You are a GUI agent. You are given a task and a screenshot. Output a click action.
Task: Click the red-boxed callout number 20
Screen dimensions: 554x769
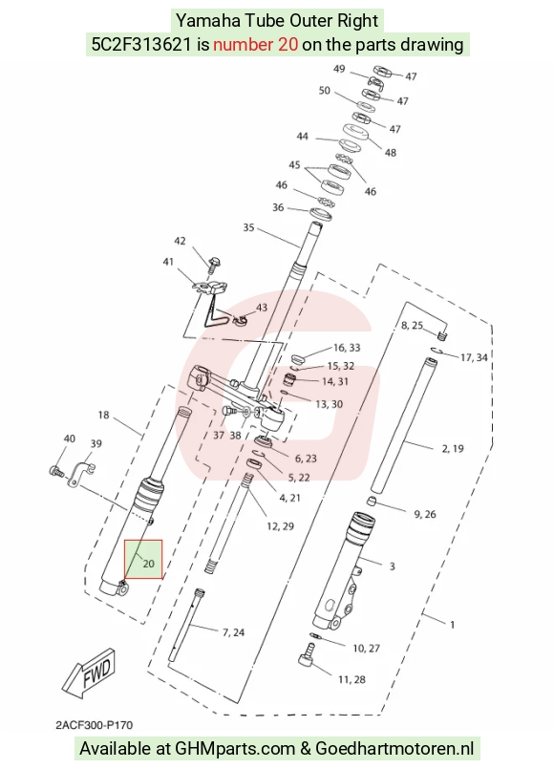click(148, 564)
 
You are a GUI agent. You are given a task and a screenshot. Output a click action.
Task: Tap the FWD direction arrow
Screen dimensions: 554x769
click(90, 672)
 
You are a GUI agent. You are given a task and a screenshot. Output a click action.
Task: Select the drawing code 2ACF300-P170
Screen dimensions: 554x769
click(95, 725)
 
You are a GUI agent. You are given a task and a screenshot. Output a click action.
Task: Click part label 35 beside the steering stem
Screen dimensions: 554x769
click(248, 227)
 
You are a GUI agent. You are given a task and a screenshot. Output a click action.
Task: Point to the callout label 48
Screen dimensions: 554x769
click(391, 153)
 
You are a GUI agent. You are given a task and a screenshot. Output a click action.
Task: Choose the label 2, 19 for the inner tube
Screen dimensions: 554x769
click(453, 448)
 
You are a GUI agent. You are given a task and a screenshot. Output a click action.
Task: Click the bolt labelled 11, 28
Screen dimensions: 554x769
click(307, 656)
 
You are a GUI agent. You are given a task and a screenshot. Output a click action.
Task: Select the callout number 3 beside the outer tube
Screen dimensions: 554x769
click(392, 566)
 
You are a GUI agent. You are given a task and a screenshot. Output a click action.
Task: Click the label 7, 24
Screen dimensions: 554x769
click(233, 632)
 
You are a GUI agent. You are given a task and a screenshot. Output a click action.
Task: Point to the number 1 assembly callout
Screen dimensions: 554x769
click(452, 625)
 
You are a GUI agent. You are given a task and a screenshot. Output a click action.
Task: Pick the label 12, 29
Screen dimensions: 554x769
click(280, 526)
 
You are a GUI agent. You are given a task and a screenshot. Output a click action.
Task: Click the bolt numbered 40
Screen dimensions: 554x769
click(56, 471)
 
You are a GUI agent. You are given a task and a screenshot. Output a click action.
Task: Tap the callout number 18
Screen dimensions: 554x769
click(103, 415)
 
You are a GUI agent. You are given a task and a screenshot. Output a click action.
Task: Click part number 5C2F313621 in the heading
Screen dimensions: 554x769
click(141, 45)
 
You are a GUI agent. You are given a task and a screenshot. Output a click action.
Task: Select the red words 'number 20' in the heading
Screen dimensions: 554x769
click(255, 45)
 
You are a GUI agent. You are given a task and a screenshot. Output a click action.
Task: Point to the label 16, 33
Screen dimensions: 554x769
click(347, 348)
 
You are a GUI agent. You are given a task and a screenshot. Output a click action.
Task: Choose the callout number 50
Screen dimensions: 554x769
click(325, 91)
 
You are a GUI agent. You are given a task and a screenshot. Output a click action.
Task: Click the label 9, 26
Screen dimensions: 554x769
click(425, 514)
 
